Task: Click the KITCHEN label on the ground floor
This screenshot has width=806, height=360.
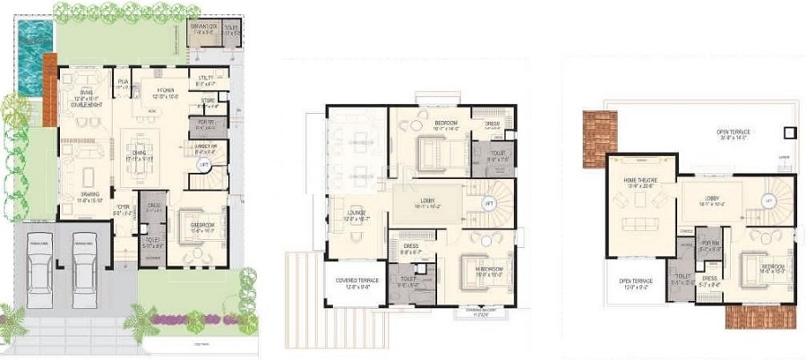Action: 166,90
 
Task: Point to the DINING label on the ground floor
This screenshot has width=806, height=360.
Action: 140,151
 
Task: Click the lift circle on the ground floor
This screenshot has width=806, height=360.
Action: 205,166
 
